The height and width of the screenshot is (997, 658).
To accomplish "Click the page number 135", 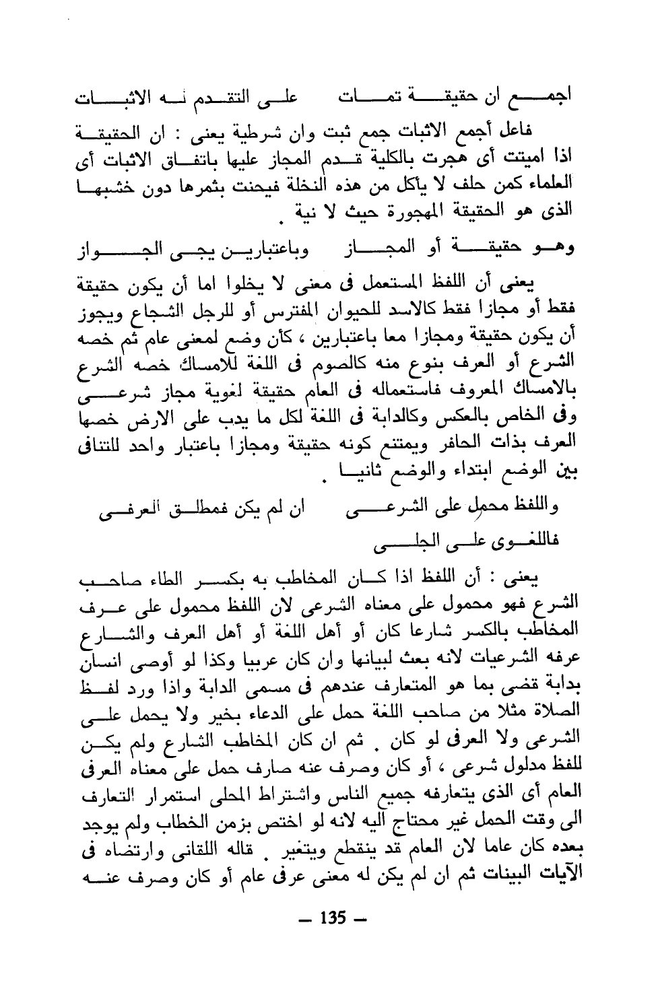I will [333, 918].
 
